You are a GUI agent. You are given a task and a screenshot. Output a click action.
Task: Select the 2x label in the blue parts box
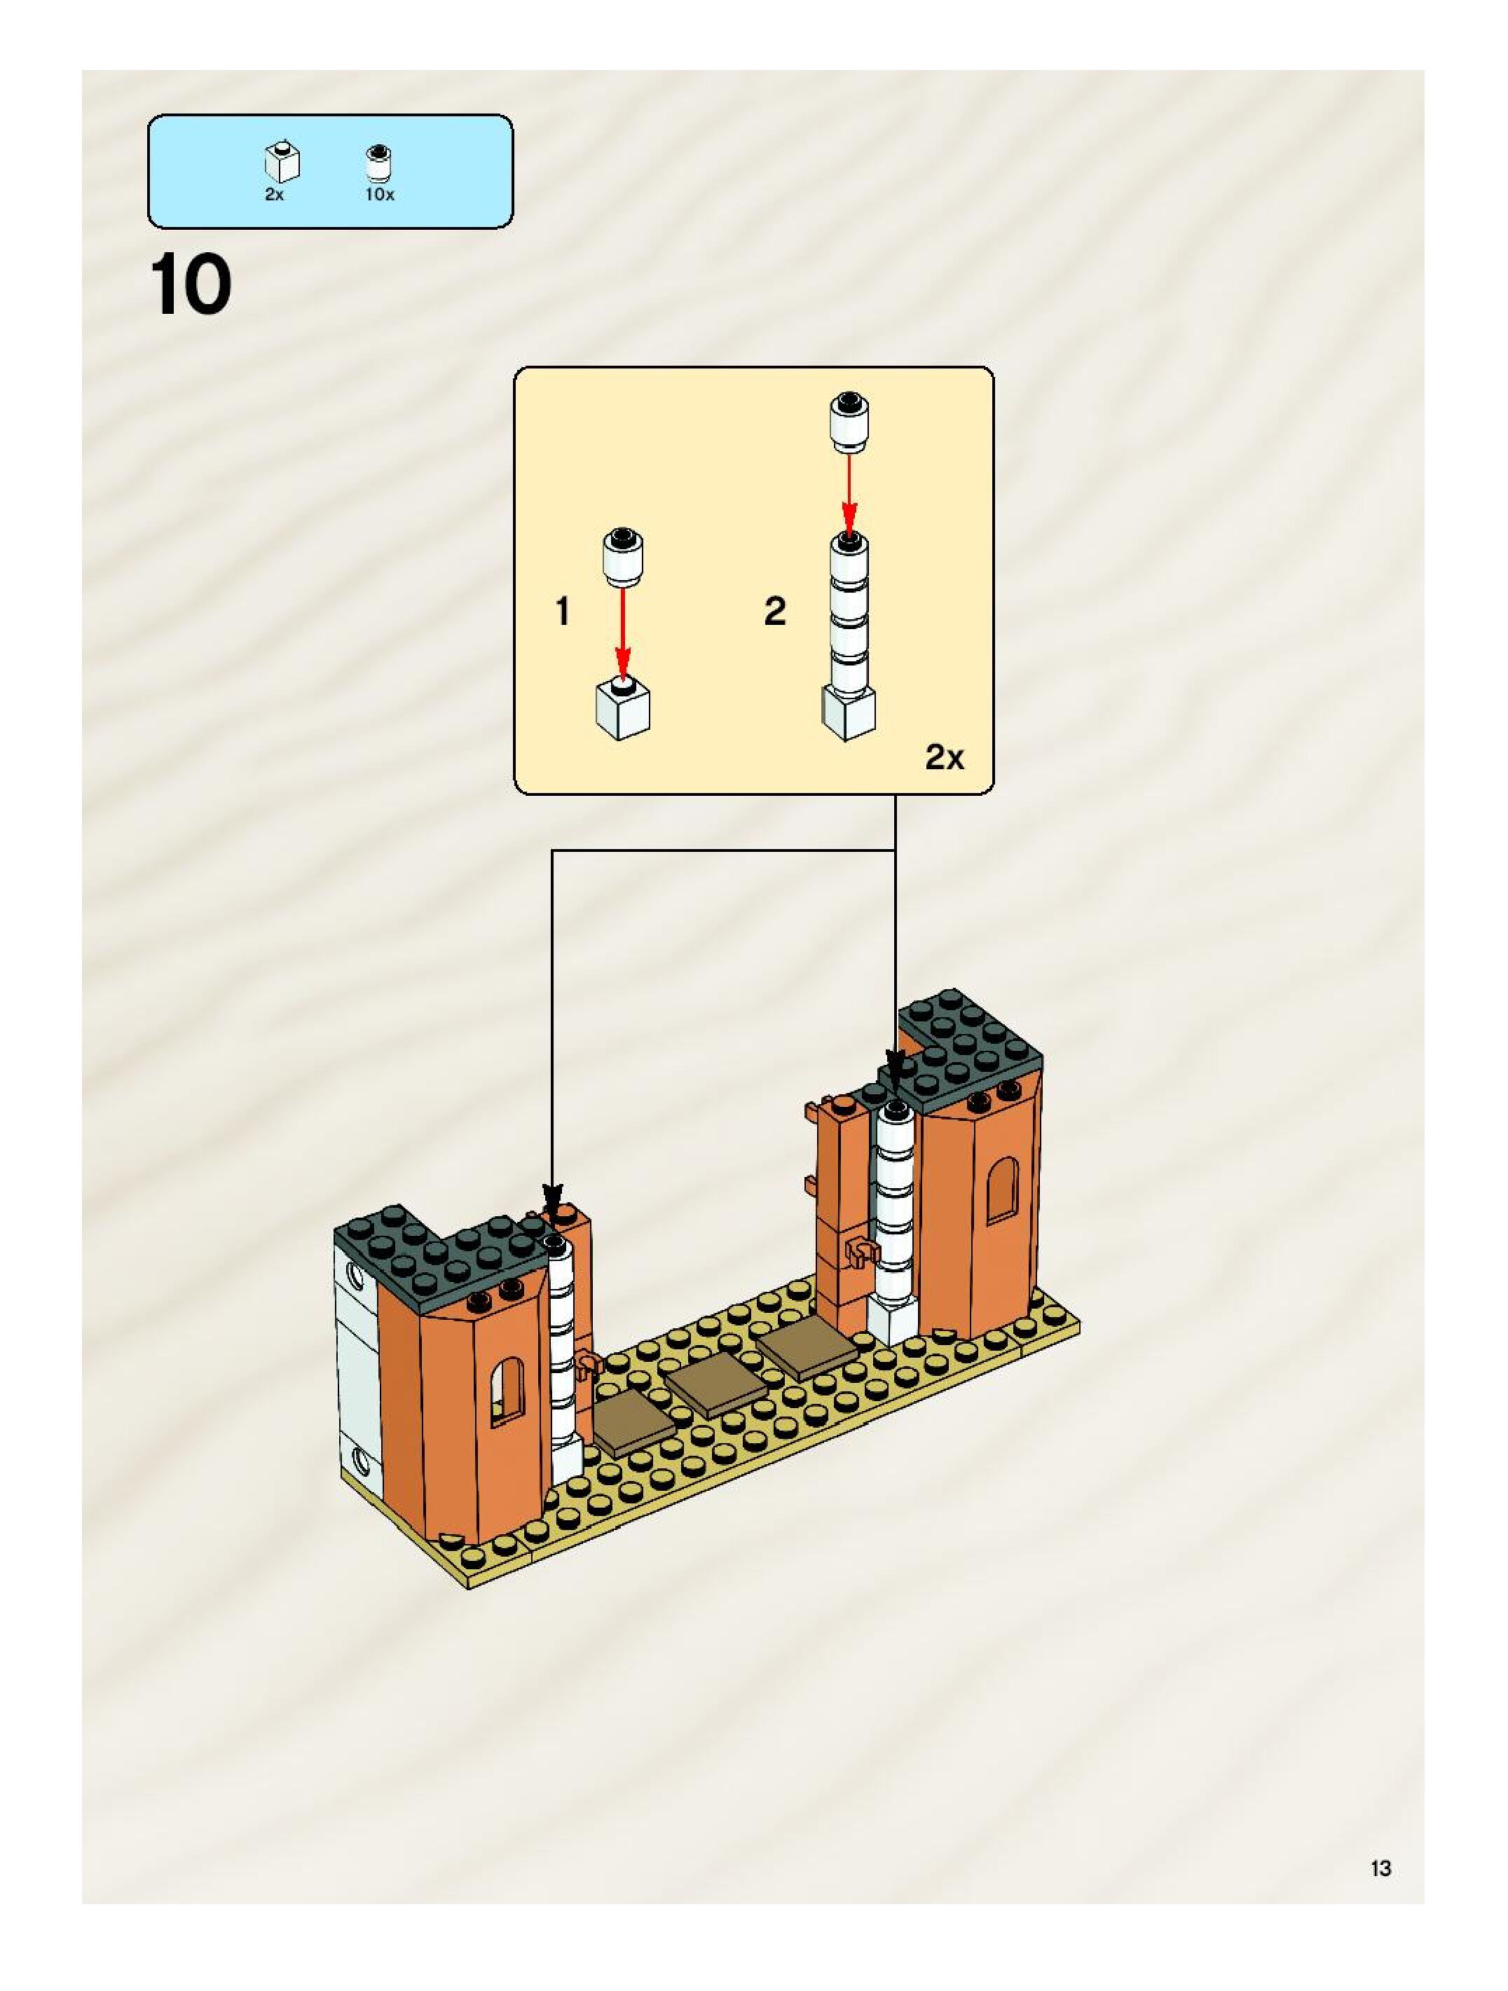tap(274, 195)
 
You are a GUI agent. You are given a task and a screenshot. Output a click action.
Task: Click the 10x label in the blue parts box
tap(379, 195)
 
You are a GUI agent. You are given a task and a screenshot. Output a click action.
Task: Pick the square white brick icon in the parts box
tap(282, 162)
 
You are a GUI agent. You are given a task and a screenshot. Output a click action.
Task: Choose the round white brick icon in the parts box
tap(379, 163)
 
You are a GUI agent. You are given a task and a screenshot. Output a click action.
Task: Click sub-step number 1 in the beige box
tap(563, 612)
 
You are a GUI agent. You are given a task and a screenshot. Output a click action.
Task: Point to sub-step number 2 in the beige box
tap(774, 612)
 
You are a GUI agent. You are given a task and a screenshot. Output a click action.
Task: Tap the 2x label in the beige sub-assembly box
tap(945, 758)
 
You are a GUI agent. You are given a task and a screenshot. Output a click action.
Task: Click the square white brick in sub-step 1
tap(623, 709)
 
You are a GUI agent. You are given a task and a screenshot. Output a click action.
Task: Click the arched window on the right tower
tap(1002, 1190)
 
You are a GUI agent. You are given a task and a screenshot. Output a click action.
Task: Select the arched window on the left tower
tap(507, 1390)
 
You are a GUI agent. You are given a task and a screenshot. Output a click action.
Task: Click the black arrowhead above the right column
tap(896, 1066)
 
